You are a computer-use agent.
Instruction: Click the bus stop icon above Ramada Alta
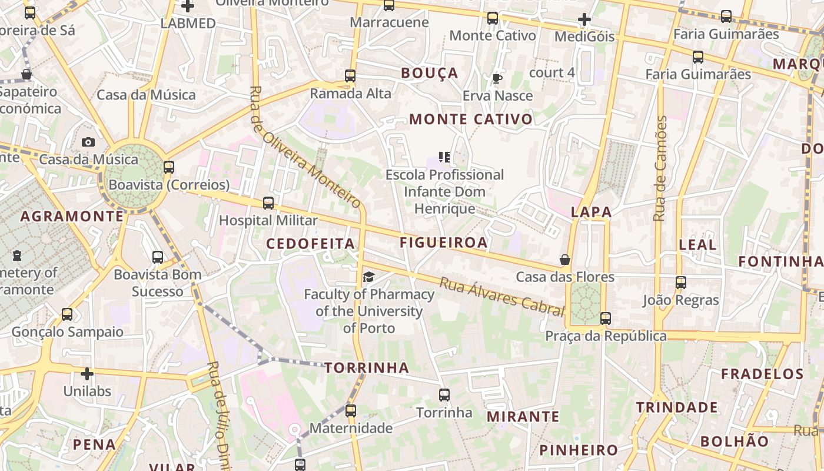click(350, 76)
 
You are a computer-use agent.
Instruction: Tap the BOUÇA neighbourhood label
click(429, 73)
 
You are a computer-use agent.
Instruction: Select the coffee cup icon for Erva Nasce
click(497, 78)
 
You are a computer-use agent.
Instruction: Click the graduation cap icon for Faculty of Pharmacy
click(368, 277)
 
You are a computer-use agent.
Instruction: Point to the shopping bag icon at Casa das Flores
click(565, 259)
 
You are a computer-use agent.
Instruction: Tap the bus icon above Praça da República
click(606, 319)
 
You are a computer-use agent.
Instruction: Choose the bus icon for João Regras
click(681, 283)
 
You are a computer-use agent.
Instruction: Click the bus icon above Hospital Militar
click(268, 203)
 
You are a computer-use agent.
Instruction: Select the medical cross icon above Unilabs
click(87, 373)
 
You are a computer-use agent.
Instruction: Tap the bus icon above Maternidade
click(351, 410)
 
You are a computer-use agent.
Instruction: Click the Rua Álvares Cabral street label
click(501, 297)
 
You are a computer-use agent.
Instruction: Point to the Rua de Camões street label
click(661, 169)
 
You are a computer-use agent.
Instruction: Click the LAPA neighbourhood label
click(591, 212)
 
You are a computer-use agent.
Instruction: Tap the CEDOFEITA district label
click(310, 244)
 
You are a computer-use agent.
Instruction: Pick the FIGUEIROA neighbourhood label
click(444, 243)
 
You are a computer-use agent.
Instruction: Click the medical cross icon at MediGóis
click(584, 20)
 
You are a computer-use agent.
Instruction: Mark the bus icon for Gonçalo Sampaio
click(67, 314)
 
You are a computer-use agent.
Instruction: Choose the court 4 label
click(551, 72)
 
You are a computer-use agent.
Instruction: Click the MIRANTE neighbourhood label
click(523, 417)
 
